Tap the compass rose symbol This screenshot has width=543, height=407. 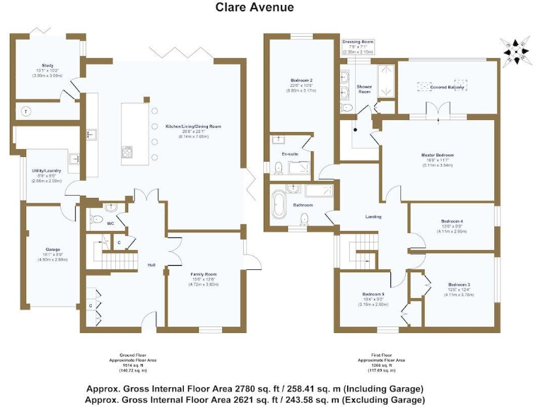[x=515, y=49]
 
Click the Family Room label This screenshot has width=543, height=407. [x=203, y=273]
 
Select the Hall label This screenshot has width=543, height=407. [x=151, y=264]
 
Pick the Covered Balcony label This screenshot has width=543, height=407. [x=447, y=87]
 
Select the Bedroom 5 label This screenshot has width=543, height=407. [x=373, y=294]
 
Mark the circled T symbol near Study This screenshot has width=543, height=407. [x=26, y=112]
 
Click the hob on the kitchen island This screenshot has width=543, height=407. [x=129, y=151]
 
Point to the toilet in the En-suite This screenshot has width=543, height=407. [x=279, y=167]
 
